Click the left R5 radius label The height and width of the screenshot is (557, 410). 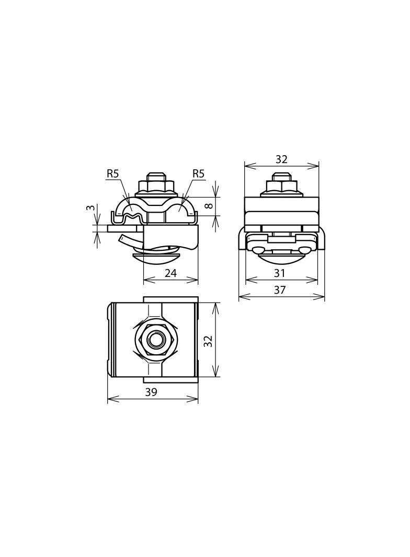pyautogui.click(x=112, y=173)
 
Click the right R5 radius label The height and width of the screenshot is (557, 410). pyautogui.click(x=198, y=173)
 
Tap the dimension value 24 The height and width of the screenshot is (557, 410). pyautogui.click(x=170, y=273)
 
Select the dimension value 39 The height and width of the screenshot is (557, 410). pyautogui.click(x=151, y=392)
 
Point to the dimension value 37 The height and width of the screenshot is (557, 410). pyautogui.click(x=280, y=290)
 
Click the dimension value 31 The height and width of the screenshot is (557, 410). pyautogui.click(x=280, y=273)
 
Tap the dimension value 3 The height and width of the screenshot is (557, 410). pyautogui.click(x=91, y=207)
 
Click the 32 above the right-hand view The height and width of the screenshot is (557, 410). pyautogui.click(x=281, y=159)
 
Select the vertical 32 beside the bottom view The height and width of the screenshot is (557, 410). pyautogui.click(x=209, y=341)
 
